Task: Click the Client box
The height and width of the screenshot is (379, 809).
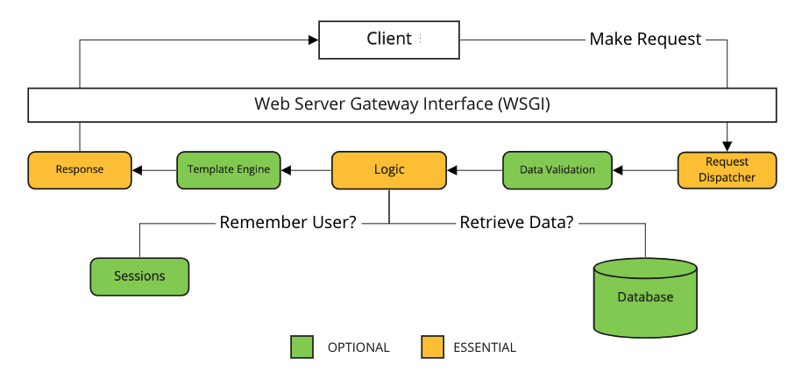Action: click(x=388, y=39)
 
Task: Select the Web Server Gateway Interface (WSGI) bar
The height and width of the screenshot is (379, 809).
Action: click(x=402, y=104)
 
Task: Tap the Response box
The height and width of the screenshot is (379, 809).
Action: click(x=79, y=169)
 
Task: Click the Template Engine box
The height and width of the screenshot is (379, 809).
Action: click(x=228, y=169)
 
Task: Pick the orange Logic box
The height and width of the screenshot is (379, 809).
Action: click(x=389, y=169)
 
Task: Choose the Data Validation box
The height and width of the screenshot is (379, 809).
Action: click(x=557, y=169)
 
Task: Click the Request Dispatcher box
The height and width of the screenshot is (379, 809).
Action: click(x=727, y=169)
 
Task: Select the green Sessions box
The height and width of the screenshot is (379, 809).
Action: click(x=139, y=275)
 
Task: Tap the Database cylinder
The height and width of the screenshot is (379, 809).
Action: click(x=645, y=297)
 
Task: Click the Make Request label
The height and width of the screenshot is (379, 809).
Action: click(x=645, y=39)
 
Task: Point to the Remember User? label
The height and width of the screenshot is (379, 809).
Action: click(x=287, y=223)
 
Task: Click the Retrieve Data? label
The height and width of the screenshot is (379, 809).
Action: click(x=516, y=223)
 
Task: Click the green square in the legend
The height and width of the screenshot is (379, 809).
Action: click(x=302, y=347)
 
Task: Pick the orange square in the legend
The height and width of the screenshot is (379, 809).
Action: click(x=432, y=347)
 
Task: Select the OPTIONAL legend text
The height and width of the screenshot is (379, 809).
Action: click(x=358, y=347)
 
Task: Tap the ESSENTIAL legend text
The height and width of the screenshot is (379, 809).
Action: click(x=484, y=347)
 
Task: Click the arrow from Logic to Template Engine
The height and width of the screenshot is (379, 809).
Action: click(x=306, y=169)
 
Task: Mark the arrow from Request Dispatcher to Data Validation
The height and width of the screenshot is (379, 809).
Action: click(x=644, y=169)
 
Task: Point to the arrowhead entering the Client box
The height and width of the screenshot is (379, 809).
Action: click(x=311, y=39)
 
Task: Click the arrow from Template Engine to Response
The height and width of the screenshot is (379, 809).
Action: click(x=154, y=169)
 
